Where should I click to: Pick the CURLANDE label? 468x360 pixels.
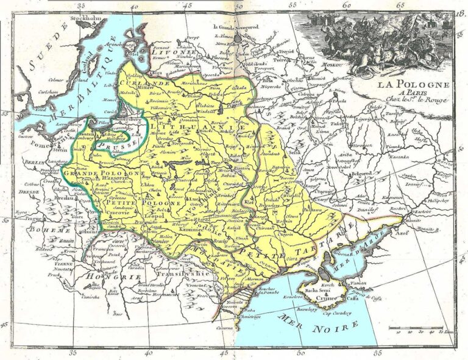147,82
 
